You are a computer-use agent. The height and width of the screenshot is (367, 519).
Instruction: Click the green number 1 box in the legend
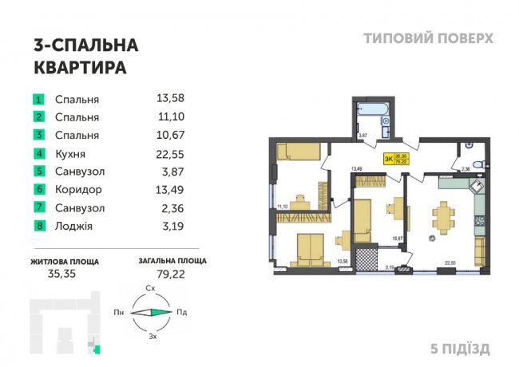pyautogui.click(x=38, y=100)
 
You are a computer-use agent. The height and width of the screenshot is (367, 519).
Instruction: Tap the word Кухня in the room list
pyautogui.click(x=70, y=154)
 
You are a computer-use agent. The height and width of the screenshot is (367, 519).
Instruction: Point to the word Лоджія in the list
pyautogui.click(x=73, y=227)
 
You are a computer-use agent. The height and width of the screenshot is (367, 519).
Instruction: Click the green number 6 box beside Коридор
pyautogui.click(x=38, y=190)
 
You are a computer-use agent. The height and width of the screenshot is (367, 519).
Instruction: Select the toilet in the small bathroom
pyautogui.click(x=476, y=164)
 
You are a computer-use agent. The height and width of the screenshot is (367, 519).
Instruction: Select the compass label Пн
pyautogui.click(x=117, y=313)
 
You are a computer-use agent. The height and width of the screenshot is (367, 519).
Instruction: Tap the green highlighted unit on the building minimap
pyautogui.click(x=97, y=347)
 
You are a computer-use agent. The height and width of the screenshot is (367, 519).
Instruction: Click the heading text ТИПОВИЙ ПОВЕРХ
pyautogui.click(x=428, y=38)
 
